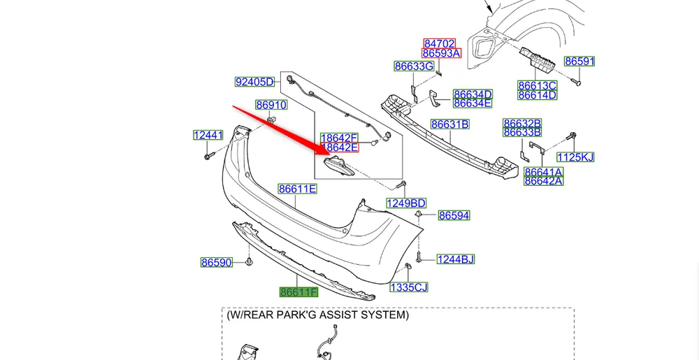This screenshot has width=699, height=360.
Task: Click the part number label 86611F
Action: [298, 292]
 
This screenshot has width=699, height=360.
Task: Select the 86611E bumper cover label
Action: [298, 189]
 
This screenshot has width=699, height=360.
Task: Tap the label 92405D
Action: [254, 82]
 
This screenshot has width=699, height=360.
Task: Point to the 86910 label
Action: [271, 106]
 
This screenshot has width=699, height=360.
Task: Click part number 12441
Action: [208, 135]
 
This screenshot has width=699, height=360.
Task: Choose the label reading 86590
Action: [216, 263]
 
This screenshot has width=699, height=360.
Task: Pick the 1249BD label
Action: [406, 203]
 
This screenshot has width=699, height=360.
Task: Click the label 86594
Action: [454, 216]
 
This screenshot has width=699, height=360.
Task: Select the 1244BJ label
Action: [456, 259]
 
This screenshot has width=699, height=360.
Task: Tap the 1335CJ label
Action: [409, 287]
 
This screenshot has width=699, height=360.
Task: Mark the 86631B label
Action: [449, 124]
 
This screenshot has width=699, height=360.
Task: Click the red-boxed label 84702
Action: [439, 43]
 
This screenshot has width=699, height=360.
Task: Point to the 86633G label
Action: [414, 66]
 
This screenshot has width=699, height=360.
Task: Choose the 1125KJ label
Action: [575, 157]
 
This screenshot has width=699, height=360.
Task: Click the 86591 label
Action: [579, 62]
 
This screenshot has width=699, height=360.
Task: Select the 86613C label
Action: [537, 85]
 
